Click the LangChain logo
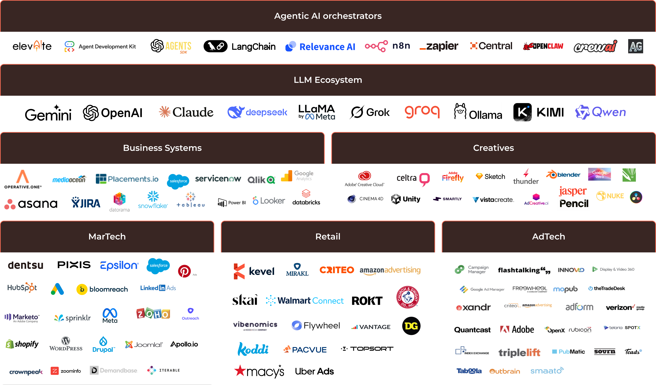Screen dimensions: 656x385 [x=239, y=46]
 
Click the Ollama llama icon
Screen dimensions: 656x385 [x=460, y=111]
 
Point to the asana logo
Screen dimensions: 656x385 [x=31, y=204]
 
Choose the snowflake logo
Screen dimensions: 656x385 [x=153, y=200]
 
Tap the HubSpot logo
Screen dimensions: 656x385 [x=22, y=288]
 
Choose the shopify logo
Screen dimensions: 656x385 [x=22, y=344]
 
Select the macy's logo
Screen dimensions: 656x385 [x=259, y=371]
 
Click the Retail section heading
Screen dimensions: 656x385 [x=328, y=236]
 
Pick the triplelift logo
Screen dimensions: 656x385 [x=519, y=352]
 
